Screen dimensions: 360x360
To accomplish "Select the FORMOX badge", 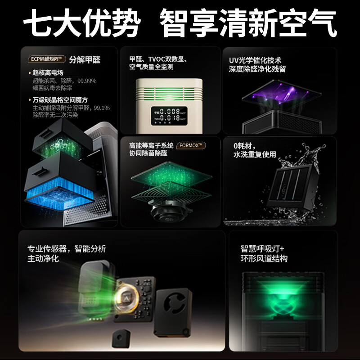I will (x=191, y=146).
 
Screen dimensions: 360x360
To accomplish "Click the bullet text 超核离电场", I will (x=48, y=73).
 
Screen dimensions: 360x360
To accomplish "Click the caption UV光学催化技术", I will (x=255, y=60).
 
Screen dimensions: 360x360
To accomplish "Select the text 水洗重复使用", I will (x=254, y=154).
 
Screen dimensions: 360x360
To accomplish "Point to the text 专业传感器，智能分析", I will (x=67, y=249).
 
